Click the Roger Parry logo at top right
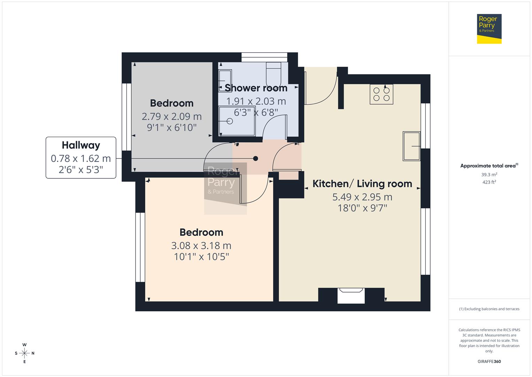point(489,29)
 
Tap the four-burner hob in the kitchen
point(381,94)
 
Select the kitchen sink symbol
point(411,146)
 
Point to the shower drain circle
point(230,121)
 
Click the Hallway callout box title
point(81,145)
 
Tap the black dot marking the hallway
point(255,158)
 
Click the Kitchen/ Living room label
point(362,184)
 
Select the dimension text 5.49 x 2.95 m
point(362,197)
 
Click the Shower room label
point(256,88)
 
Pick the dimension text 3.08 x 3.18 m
point(201,246)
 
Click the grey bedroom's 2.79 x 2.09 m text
point(171,116)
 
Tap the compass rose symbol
point(24,353)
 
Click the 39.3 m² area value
point(489,175)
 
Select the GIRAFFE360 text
point(489,361)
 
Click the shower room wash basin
point(225,81)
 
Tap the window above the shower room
point(264,57)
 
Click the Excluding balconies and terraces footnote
point(489,309)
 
